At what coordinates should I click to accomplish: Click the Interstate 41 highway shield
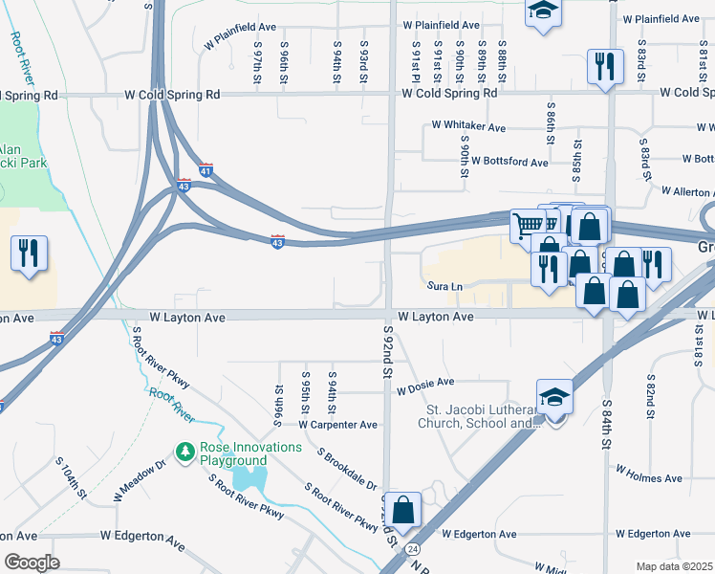tap(206, 170)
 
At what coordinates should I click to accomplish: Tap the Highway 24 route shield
tap(412, 548)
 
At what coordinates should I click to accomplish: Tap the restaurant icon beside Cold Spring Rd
tap(604, 66)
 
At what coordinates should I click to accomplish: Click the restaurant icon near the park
tap(28, 253)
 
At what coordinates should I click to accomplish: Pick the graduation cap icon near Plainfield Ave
tap(543, 11)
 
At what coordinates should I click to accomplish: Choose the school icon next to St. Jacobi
tap(554, 397)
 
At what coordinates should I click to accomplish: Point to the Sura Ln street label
tap(444, 286)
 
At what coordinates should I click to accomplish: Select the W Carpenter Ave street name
tap(338, 425)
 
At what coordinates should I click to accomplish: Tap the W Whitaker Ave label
tap(467, 125)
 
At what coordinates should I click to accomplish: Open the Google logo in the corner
tap(31, 563)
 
